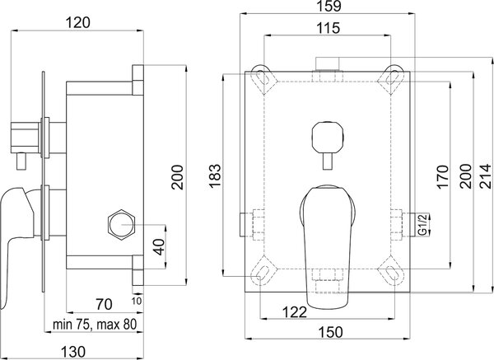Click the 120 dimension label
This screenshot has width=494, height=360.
click(78, 23)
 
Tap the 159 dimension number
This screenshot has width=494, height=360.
click(329, 6)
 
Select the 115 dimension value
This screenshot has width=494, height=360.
click(328, 28)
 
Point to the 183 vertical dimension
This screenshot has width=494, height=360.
click(215, 175)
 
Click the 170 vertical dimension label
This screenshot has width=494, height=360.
click(443, 176)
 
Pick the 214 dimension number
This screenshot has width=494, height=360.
click(486, 176)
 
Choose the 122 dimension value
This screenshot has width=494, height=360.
click(294, 312)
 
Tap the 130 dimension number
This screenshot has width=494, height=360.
click(72, 352)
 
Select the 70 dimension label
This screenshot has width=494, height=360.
click(105, 304)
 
